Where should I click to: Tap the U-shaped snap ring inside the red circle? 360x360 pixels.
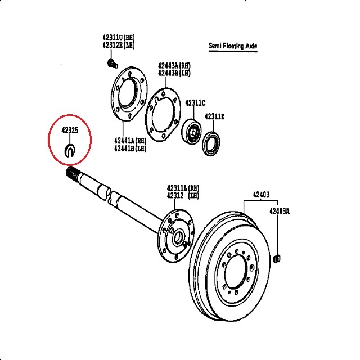(70, 150)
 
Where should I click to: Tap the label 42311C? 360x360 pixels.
(196, 103)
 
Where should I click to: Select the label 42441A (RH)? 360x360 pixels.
(131, 141)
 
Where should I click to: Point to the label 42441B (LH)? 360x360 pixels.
(131, 148)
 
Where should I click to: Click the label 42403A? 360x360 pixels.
(279, 211)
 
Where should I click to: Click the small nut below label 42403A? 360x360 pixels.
(277, 259)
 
